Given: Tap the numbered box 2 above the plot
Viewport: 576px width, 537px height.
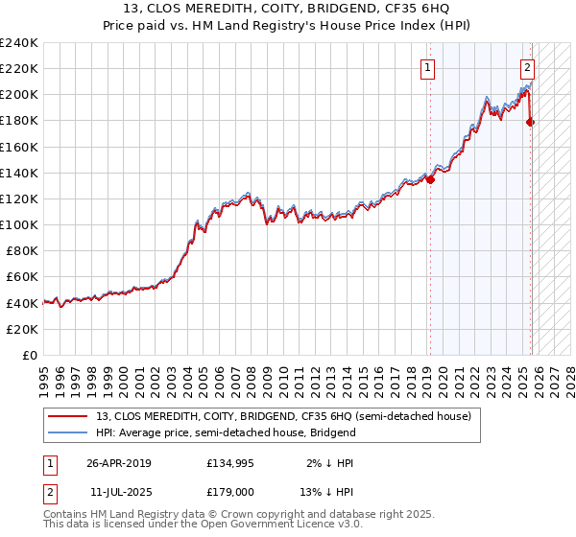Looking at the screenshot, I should pyautogui.click(x=528, y=67).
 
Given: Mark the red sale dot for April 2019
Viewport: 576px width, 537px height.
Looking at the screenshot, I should pyautogui.click(x=430, y=179).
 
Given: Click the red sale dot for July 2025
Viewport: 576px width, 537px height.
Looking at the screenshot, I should pyautogui.click(x=531, y=122).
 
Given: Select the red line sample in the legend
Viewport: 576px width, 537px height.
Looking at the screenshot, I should pyautogui.click(x=67, y=417).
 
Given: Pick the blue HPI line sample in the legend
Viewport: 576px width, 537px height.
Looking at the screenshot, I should pyautogui.click(x=67, y=432).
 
